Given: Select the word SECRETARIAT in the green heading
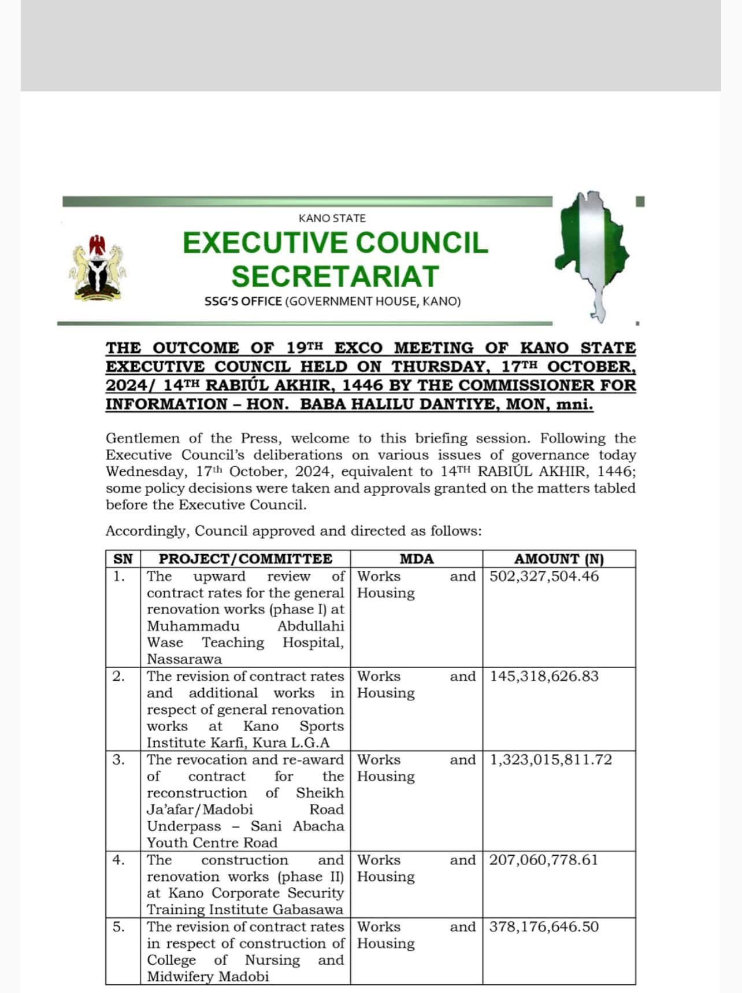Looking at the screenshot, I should (335, 276).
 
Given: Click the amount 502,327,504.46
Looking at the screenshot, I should (544, 576).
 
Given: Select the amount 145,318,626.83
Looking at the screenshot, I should (544, 676).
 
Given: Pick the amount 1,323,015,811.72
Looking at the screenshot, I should (551, 759).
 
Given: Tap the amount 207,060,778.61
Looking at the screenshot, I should (544, 860).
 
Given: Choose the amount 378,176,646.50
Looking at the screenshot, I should (544, 926).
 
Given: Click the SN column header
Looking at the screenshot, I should (123, 559).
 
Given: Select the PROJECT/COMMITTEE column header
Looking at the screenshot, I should (246, 559).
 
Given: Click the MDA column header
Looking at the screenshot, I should (416, 559).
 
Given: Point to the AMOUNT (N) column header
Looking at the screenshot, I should (559, 559).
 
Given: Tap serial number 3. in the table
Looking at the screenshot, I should (118, 759).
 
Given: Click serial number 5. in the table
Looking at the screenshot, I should (118, 926).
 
